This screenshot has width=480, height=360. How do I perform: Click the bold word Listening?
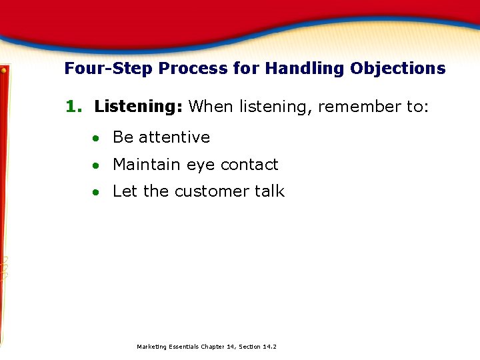click(139, 107)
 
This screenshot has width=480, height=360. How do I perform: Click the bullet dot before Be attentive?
click(97, 138)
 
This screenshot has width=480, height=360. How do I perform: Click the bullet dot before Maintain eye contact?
click(97, 165)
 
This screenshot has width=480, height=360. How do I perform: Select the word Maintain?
click(147, 165)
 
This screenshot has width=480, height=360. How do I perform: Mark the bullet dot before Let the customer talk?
click(97, 192)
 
